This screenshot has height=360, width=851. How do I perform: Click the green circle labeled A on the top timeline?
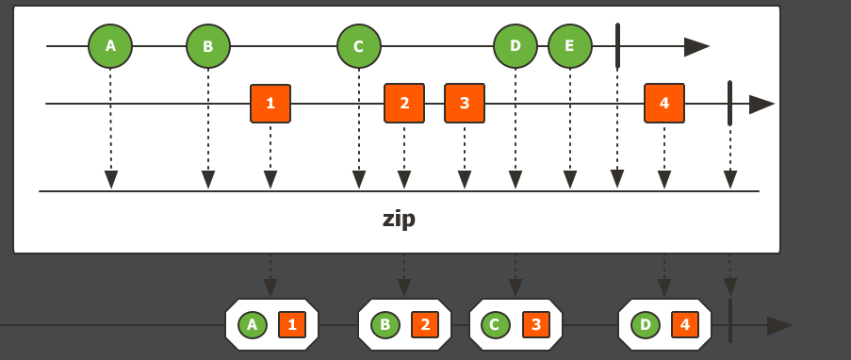tap(110, 45)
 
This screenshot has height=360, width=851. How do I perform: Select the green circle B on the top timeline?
tap(208, 45)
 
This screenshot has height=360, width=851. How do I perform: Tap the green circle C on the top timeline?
tap(359, 45)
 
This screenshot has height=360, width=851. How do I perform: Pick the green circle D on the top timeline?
tap(515, 45)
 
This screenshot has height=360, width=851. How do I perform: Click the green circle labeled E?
tap(569, 45)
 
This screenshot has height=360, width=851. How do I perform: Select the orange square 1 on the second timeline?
tap(270, 104)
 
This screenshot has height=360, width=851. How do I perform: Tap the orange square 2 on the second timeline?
tap(404, 104)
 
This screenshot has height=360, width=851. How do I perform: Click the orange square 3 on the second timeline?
tap(465, 104)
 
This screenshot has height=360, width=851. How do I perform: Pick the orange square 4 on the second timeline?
tap(664, 104)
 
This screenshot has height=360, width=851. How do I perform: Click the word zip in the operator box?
tap(399, 220)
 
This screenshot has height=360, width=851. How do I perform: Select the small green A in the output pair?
tap(251, 325)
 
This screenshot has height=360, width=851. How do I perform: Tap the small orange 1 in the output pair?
tap(292, 325)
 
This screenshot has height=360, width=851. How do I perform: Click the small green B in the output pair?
tap(385, 325)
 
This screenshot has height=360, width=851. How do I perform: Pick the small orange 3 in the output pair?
tap(536, 325)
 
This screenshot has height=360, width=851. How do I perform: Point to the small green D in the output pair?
tap(646, 325)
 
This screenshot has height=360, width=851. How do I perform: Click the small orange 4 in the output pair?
tap(685, 325)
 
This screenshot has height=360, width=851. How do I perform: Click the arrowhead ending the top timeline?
tap(696, 46)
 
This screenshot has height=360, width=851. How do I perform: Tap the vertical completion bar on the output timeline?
tap(730, 320)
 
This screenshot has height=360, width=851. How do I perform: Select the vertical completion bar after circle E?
tap(617, 45)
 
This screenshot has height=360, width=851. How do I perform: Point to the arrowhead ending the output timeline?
tap(779, 326)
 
